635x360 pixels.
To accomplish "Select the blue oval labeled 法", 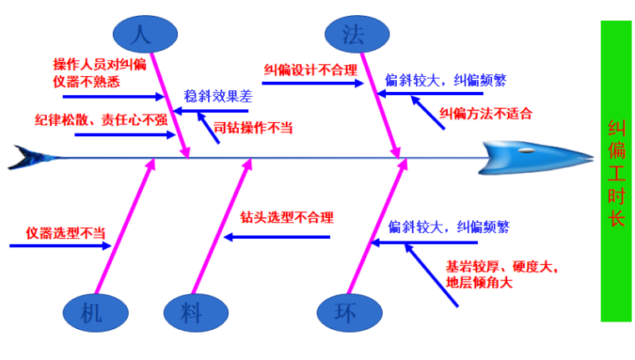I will tap(357, 34).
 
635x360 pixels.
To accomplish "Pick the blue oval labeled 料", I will tap(191, 313).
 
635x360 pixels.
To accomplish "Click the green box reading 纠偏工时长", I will tap(616, 171).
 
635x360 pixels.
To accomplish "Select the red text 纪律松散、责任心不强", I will tap(100, 119).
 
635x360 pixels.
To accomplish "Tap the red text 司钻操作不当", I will tap(253, 128).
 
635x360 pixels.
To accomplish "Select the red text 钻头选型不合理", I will tap(287, 218).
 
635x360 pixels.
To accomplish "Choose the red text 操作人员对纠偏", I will tap(99, 64).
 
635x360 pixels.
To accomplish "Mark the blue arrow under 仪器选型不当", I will tap(58, 246).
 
